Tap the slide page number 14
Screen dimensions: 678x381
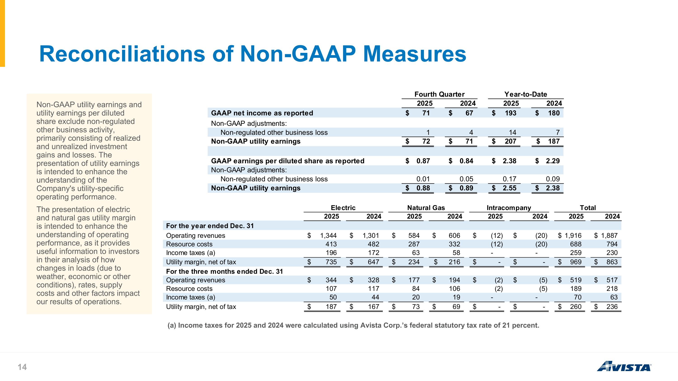(22, 367)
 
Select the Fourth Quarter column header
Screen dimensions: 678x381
(439, 94)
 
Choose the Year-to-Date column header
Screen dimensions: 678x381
(526, 94)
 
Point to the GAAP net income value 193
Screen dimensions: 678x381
(510, 113)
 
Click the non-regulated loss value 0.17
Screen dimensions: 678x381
(510, 179)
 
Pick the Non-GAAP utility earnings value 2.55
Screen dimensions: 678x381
(510, 188)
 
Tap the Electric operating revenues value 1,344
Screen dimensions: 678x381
(328, 236)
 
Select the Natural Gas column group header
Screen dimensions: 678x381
(426, 208)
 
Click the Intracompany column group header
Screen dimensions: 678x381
(509, 208)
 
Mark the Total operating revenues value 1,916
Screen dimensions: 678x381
(573, 236)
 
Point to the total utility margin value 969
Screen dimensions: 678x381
(576, 262)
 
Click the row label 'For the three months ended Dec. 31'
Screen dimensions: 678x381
(224, 271)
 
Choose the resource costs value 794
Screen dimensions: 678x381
(612, 244)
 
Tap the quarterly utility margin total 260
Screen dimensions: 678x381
(576, 307)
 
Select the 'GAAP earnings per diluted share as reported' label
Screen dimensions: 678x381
(288, 161)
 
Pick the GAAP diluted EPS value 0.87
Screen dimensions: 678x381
(423, 161)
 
